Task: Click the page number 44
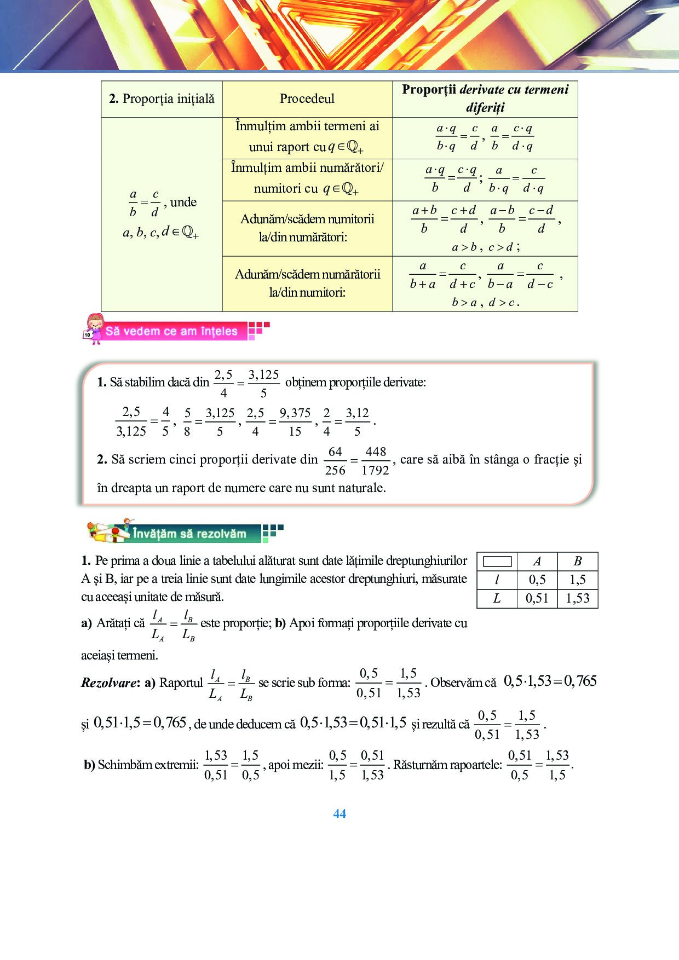(x=339, y=814)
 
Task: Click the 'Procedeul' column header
(x=307, y=99)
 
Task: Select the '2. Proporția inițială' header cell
(x=162, y=99)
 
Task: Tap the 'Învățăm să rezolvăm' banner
(x=189, y=534)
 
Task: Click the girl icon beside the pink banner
(x=94, y=328)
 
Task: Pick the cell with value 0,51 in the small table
(x=537, y=598)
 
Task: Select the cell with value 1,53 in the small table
(x=578, y=598)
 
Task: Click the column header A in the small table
(x=537, y=562)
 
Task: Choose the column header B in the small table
(x=578, y=562)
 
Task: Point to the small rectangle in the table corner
(x=497, y=562)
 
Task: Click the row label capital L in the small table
(x=497, y=598)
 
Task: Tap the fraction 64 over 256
(x=335, y=461)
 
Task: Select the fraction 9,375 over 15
(x=295, y=422)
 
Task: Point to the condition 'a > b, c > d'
(x=485, y=247)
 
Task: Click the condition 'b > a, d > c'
(x=485, y=302)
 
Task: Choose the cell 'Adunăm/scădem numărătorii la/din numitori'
(x=307, y=283)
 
